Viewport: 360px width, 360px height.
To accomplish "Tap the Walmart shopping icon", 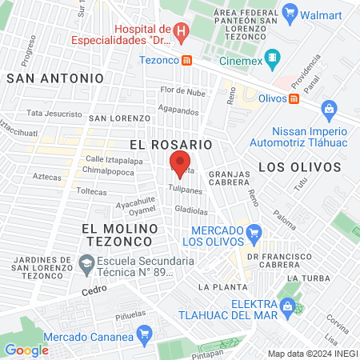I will click(x=290, y=13).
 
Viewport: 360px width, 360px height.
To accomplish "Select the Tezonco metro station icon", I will click(x=186, y=59).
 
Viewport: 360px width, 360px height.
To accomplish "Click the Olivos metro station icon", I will click(x=294, y=98).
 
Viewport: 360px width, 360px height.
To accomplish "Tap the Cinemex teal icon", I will click(x=273, y=58).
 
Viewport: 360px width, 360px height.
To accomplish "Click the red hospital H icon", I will click(x=182, y=33).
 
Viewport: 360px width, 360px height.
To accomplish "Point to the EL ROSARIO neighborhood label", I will click(x=170, y=144).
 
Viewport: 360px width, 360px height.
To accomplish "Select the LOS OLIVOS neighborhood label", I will click(x=300, y=166).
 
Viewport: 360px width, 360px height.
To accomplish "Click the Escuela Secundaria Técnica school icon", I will click(x=86, y=262).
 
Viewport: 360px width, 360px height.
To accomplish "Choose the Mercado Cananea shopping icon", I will click(x=144, y=333).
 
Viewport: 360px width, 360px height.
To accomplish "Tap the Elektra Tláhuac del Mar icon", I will click(x=287, y=305).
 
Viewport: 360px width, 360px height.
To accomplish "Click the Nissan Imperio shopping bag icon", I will click(x=327, y=109).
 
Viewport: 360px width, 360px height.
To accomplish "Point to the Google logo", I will click(x=26, y=350).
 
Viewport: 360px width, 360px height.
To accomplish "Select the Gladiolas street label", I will click(x=191, y=211).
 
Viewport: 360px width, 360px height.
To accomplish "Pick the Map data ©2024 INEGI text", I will click(x=312, y=354).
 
